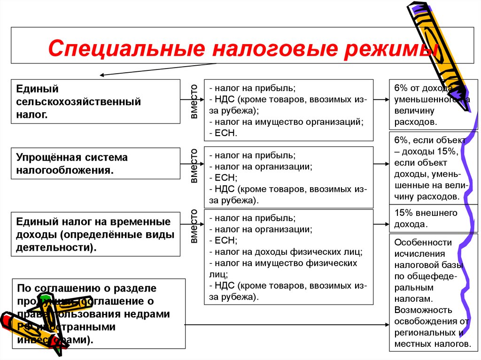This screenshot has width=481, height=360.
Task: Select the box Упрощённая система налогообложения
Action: point(95,163)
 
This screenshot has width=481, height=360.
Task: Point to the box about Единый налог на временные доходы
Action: point(95,234)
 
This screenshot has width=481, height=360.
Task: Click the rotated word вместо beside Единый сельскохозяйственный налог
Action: point(194,101)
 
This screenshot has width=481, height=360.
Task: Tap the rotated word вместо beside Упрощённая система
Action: point(194,166)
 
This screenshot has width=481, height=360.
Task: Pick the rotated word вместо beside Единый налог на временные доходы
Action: point(194,227)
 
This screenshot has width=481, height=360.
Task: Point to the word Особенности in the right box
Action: point(423,243)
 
